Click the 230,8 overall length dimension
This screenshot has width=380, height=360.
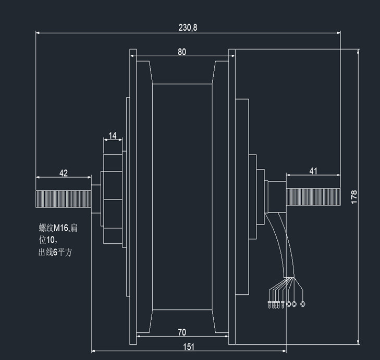(x=188, y=28)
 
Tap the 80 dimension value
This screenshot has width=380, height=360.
(x=182, y=52)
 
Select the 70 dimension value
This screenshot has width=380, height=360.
(x=182, y=332)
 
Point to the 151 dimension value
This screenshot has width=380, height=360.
(x=189, y=347)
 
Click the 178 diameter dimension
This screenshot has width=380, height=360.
(x=354, y=197)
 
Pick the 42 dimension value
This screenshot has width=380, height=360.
(x=64, y=173)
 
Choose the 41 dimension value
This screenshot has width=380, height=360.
(x=313, y=171)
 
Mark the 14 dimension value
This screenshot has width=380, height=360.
(x=113, y=135)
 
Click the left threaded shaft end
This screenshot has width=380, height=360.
(x=64, y=199)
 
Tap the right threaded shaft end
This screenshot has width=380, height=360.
(x=313, y=197)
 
